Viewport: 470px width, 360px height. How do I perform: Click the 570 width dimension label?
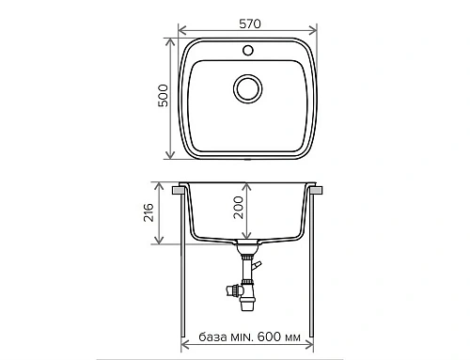tap(249, 22)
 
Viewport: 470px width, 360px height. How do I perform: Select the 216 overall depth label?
tap(161, 215)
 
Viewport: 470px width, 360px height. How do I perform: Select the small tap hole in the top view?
tap(249, 48)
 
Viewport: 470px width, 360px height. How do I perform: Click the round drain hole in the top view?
tap(249, 89)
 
